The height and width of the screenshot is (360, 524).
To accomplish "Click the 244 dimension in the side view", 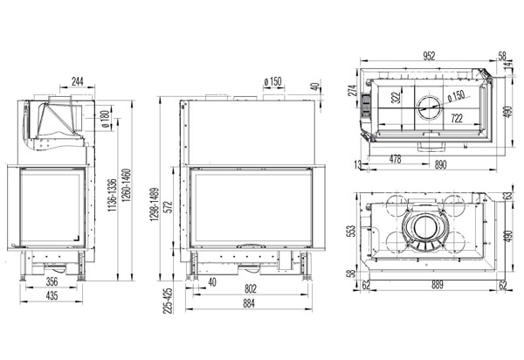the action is pyautogui.click(x=77, y=81).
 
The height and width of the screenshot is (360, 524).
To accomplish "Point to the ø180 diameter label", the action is pyautogui.click(x=106, y=120).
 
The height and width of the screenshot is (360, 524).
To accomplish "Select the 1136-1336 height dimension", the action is pyautogui.click(x=113, y=195).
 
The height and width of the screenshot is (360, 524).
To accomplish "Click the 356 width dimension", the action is pyautogui.click(x=52, y=281).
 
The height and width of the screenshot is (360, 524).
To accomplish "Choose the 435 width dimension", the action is pyautogui.click(x=52, y=296).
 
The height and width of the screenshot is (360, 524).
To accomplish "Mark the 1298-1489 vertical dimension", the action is pyautogui.click(x=155, y=204).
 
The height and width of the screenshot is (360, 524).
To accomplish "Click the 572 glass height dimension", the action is pyautogui.click(x=169, y=206).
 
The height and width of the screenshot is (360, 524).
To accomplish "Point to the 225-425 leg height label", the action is pyautogui.click(x=168, y=301).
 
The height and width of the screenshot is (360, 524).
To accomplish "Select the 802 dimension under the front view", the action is pyautogui.click(x=251, y=288).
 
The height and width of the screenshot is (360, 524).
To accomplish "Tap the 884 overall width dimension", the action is pyautogui.click(x=249, y=303).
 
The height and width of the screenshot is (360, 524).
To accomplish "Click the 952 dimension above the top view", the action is pyautogui.click(x=429, y=56).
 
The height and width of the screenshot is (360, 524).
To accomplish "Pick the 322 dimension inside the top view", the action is pyautogui.click(x=396, y=98).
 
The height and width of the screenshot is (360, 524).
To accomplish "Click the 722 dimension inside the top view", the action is pyautogui.click(x=457, y=118).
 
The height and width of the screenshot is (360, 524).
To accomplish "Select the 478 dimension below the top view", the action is pyautogui.click(x=395, y=159).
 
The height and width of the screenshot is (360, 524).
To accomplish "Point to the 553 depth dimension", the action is pyautogui.click(x=352, y=231).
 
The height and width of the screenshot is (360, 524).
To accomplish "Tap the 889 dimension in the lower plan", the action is pyautogui.click(x=438, y=285).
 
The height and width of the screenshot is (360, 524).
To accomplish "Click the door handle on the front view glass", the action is pyautogui.click(x=251, y=246).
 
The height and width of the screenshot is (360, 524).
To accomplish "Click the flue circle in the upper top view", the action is pyautogui.click(x=430, y=108).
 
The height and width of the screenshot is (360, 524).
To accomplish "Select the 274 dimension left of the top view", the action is pyautogui.click(x=353, y=90).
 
